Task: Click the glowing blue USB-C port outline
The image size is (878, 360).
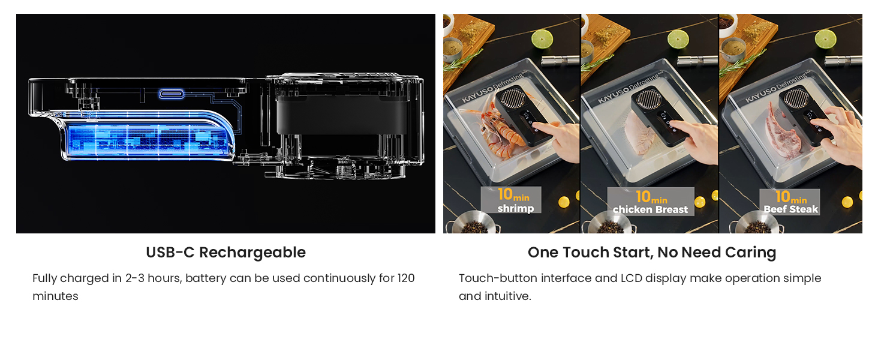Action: tap(172, 94)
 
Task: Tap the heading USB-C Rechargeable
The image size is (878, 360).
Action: tap(225, 253)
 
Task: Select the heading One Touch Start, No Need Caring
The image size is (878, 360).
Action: tap(652, 253)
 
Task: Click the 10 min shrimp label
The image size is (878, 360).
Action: tap(511, 200)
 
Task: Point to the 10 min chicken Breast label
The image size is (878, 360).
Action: tap(651, 202)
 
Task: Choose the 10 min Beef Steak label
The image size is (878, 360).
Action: tap(790, 202)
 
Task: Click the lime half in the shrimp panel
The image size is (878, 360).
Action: tap(542, 39)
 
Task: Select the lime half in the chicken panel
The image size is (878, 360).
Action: tap(678, 39)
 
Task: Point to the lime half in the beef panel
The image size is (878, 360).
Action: tap(826, 39)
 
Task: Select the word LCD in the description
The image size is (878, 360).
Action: tap(632, 278)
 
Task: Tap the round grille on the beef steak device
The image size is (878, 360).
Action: tap(796, 98)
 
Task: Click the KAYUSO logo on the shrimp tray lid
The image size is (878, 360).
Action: tap(477, 95)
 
